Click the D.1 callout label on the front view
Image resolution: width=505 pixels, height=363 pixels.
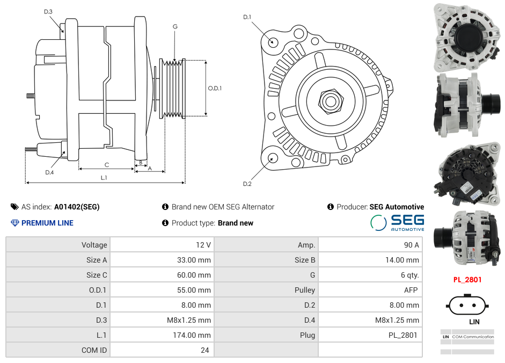pyautogui.click(x=247, y=17)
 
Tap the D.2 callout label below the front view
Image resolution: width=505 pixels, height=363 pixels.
pyautogui.click(x=247, y=184)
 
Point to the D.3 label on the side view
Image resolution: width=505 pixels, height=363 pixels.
pyautogui.click(x=48, y=11)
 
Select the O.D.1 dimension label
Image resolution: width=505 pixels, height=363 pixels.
pyautogui.click(x=215, y=88)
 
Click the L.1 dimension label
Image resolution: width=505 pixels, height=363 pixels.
pyautogui.click(x=104, y=177)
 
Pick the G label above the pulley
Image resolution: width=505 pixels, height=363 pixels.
pyautogui.click(x=175, y=26)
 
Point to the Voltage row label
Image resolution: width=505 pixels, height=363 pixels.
pyautogui.click(x=94, y=245)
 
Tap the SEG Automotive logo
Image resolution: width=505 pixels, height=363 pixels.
pyautogui.click(x=397, y=223)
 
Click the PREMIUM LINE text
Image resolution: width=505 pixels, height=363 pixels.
pyautogui.click(x=47, y=223)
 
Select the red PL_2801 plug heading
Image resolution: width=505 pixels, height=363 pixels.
pyautogui.click(x=467, y=279)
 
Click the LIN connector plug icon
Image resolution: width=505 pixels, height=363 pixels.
pyautogui.click(x=467, y=306)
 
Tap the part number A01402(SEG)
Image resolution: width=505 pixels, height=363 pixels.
pyautogui.click(x=77, y=207)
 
